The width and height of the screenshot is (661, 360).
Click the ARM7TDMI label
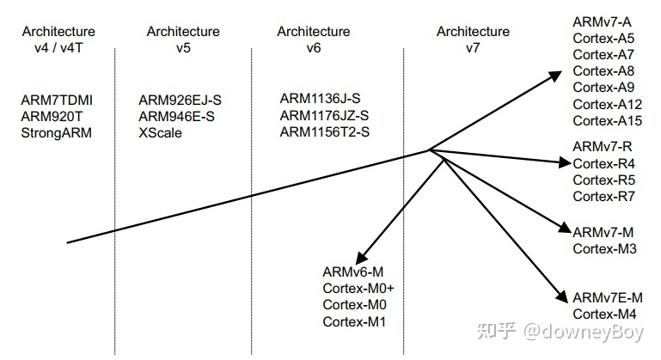tap(57, 101)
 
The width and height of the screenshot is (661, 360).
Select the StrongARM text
tap(57, 132)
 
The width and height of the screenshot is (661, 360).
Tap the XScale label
tap(160, 132)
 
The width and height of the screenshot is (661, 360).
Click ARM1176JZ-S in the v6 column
tap(324, 116)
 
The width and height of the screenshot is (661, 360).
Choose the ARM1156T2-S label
tap(325, 132)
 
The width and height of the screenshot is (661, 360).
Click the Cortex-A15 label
tap(608, 121)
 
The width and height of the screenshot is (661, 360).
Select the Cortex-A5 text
tap(603, 39)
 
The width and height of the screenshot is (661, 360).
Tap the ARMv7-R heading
tap(603, 147)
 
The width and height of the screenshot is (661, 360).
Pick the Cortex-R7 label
tap(603, 197)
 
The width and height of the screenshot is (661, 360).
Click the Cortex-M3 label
tap(603, 248)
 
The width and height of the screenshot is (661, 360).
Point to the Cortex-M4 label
tap(603, 314)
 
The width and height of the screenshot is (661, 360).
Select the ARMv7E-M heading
tap(608, 297)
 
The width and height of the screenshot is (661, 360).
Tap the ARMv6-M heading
tap(352, 272)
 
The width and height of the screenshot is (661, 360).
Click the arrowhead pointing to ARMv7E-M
tap(560, 296)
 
